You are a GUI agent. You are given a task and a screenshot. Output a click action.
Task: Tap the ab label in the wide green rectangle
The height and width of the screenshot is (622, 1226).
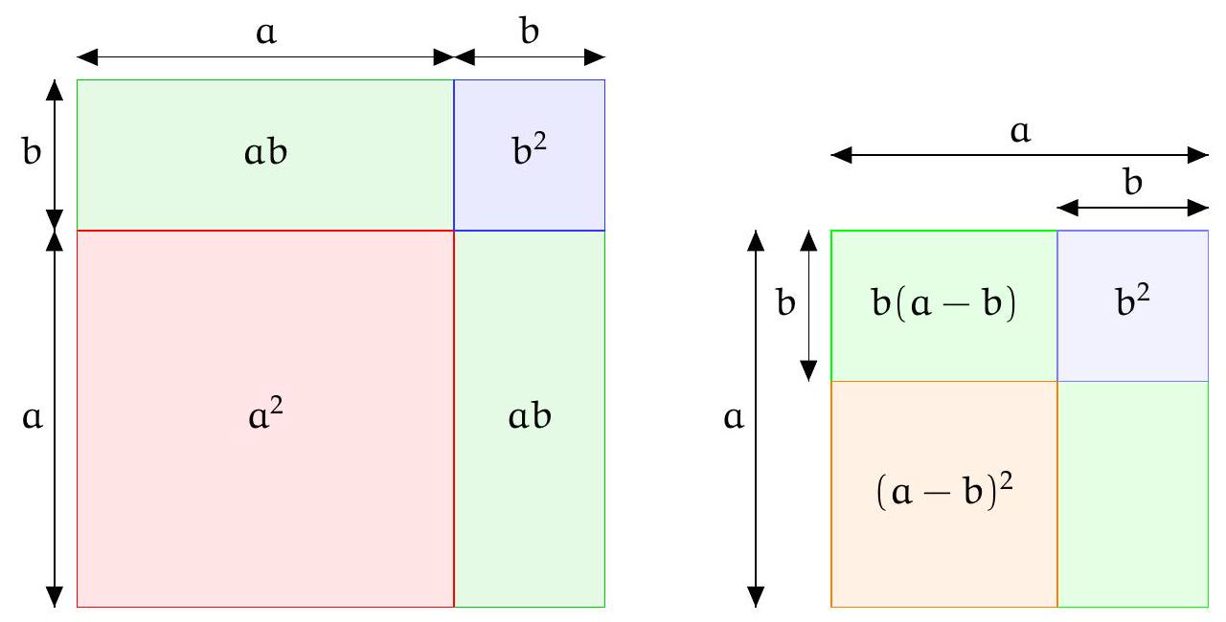point(264,155)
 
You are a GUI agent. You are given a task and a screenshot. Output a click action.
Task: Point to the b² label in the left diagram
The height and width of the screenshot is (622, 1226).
point(529,153)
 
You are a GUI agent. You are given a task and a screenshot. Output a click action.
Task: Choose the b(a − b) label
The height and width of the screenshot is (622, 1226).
point(943,306)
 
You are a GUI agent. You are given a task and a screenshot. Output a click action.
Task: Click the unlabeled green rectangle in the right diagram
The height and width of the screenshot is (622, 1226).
point(1132,494)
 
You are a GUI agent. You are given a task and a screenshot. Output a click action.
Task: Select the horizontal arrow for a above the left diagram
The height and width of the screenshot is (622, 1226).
point(264,56)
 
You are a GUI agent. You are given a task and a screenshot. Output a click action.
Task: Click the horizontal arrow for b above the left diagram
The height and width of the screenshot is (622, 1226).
point(529,56)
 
